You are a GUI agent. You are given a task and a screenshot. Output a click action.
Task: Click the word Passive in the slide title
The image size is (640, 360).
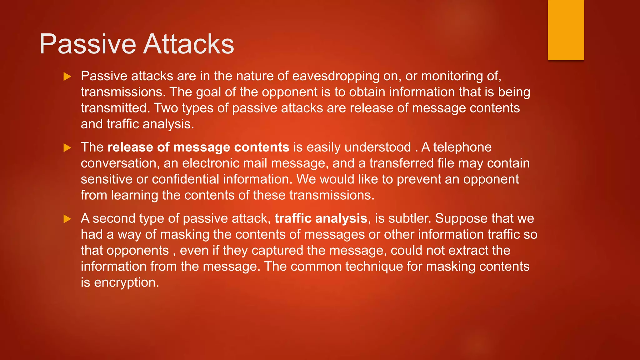pos(87,44)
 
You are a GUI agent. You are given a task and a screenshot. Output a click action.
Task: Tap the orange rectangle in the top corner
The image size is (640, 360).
pos(566,30)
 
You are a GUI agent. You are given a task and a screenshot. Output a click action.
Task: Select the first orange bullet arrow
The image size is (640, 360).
pos(67,77)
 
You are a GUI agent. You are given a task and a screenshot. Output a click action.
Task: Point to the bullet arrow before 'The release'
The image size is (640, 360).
pos(67,147)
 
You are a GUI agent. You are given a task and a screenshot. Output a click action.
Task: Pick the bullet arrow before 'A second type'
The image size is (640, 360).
pos(67,219)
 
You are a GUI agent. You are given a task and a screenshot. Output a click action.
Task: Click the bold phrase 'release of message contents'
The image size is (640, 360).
pos(198,147)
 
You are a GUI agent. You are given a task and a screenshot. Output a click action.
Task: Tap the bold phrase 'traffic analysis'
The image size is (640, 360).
pos(321,218)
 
